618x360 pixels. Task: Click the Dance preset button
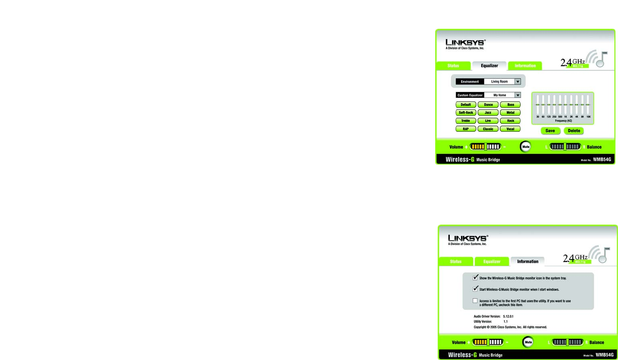pyautogui.click(x=488, y=105)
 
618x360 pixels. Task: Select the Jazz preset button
pyautogui.click(x=488, y=112)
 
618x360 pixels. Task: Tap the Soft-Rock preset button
pyautogui.click(x=466, y=112)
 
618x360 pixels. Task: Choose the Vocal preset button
pyautogui.click(x=510, y=129)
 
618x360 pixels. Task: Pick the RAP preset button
pyautogui.click(x=466, y=129)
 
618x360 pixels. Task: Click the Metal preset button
pyautogui.click(x=510, y=112)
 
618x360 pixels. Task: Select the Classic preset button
pyautogui.click(x=488, y=129)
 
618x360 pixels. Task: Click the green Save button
pyautogui.click(x=550, y=131)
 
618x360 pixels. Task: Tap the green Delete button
pyautogui.click(x=574, y=131)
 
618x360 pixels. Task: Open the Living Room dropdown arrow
pyautogui.click(x=518, y=82)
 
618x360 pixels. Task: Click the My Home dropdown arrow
pyautogui.click(x=518, y=95)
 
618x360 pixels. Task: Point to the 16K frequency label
pyautogui.click(x=588, y=117)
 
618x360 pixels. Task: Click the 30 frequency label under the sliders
pyautogui.click(x=538, y=117)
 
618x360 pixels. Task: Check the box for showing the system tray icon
pyautogui.click(x=475, y=277)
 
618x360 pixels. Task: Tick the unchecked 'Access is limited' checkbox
pyautogui.click(x=475, y=300)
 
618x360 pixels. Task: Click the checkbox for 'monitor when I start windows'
pyautogui.click(x=475, y=289)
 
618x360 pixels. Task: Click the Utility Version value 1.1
pyautogui.click(x=506, y=322)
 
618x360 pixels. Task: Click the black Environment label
pyautogui.click(x=470, y=82)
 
